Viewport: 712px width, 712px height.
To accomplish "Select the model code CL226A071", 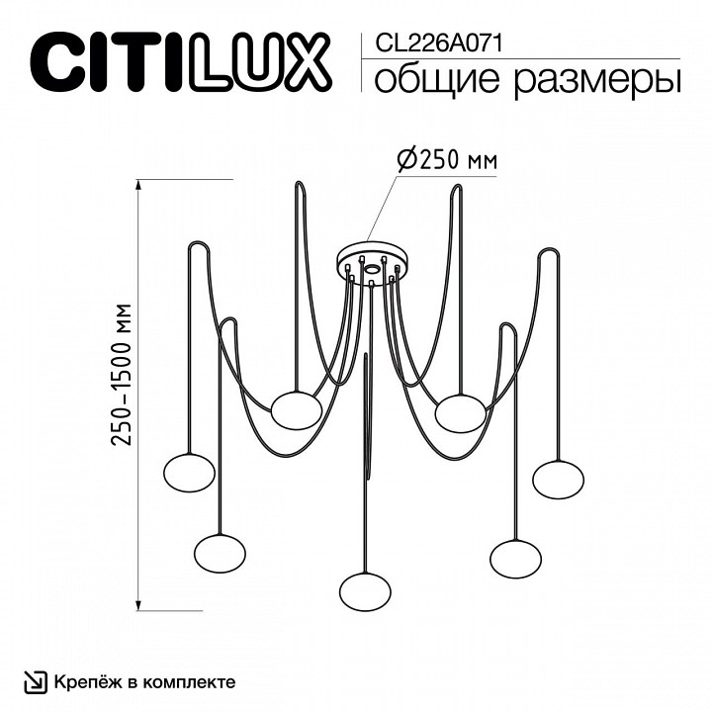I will [431, 42].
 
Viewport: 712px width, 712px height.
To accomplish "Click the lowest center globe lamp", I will [364, 591].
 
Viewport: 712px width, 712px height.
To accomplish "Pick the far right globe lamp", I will [556, 479].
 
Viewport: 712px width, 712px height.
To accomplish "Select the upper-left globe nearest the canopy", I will [297, 409].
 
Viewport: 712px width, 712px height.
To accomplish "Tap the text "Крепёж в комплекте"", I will [144, 682].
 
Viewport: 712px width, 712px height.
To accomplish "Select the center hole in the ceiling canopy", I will [371, 268].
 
